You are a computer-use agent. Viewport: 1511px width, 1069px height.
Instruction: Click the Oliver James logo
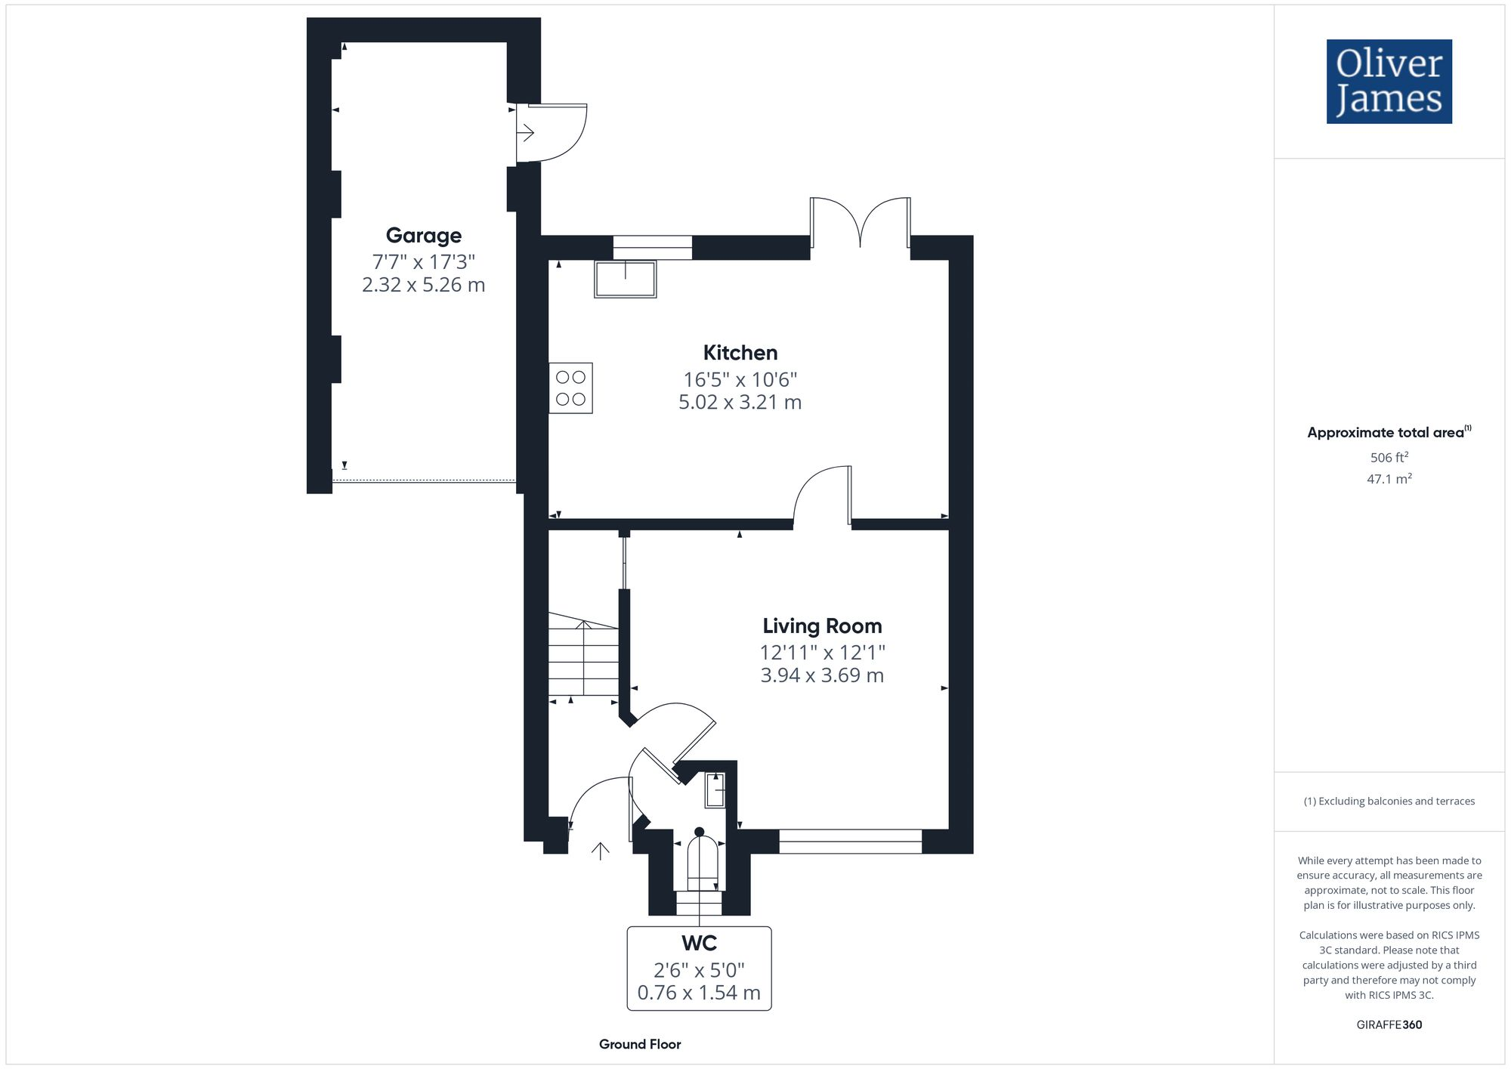[x=1389, y=82]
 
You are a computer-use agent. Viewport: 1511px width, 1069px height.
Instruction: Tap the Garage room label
[x=423, y=236]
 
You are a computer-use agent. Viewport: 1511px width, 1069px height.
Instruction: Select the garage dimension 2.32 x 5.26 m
[x=423, y=285]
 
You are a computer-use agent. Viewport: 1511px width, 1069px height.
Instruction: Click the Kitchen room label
[x=740, y=353]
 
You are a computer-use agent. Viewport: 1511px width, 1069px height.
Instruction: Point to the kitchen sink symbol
[x=625, y=279]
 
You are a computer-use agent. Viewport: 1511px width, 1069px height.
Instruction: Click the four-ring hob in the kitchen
[x=570, y=388]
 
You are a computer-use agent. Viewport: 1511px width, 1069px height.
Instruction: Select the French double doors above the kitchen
[x=860, y=222]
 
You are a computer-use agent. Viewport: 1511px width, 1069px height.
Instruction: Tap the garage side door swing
[x=550, y=133]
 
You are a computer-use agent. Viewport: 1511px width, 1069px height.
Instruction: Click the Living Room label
[x=822, y=626]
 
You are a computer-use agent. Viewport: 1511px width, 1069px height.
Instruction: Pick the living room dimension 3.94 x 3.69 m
[x=822, y=675]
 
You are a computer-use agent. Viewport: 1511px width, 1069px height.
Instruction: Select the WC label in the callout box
[x=699, y=944]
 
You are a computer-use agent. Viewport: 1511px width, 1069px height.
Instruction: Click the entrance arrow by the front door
[x=601, y=851]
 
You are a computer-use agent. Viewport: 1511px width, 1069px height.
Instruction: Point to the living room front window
[x=850, y=841]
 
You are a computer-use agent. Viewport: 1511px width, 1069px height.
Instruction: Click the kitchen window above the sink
[x=652, y=248]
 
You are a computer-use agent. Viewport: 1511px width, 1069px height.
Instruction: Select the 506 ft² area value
[x=1389, y=458]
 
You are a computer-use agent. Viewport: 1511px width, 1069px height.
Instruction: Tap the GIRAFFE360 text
[x=1389, y=1025]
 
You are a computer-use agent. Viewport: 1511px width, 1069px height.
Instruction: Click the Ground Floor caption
[x=640, y=1044]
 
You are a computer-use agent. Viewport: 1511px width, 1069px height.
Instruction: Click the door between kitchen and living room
[x=822, y=495]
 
